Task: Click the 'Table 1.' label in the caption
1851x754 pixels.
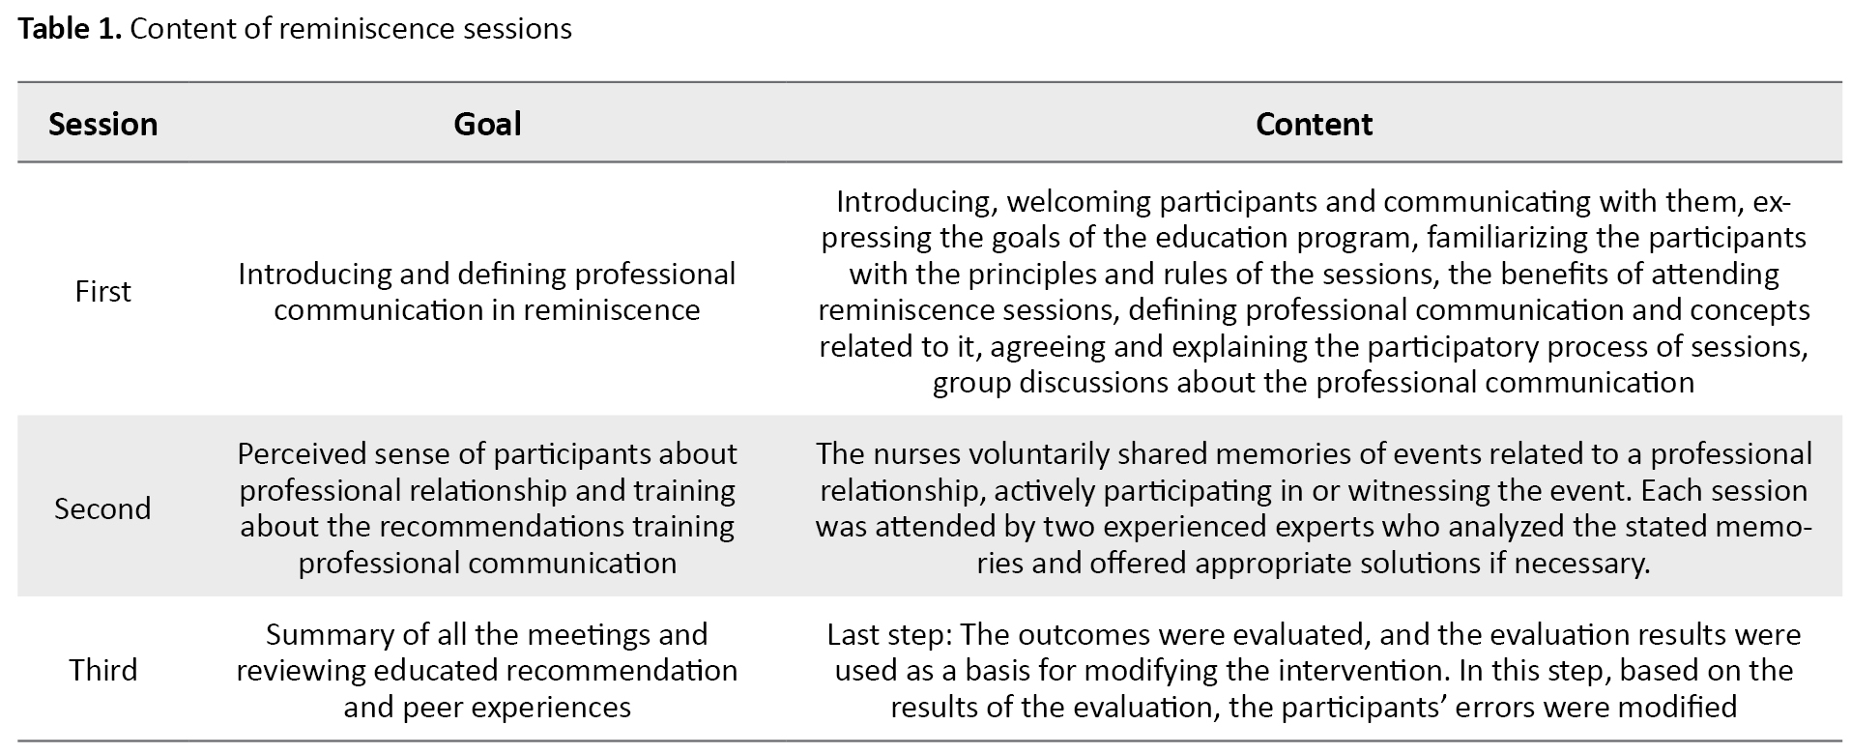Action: [70, 29]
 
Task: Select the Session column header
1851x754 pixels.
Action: [102, 124]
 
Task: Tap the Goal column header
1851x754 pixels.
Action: [487, 124]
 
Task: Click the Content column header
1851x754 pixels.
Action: [1314, 124]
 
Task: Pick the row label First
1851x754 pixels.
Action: [102, 291]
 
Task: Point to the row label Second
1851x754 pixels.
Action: [102, 508]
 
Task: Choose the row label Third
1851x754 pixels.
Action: [102, 670]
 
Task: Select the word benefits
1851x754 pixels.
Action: [1542, 275]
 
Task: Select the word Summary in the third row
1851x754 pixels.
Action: [324, 635]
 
